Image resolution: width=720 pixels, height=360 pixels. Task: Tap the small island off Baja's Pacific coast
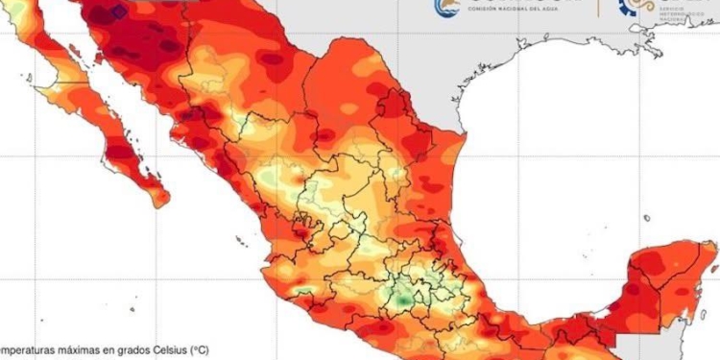28,78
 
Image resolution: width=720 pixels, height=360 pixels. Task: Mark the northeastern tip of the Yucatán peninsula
715,248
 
